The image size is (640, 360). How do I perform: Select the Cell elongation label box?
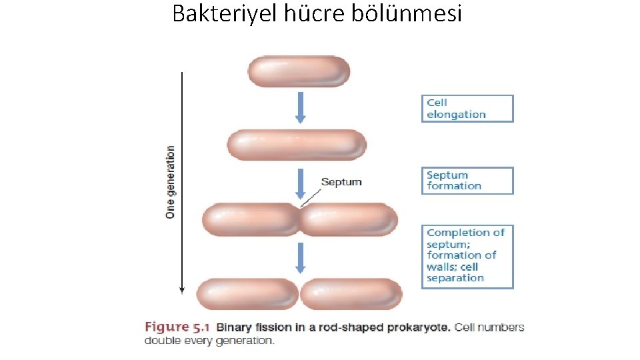click(x=467, y=109)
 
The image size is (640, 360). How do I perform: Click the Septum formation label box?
click(x=467, y=181)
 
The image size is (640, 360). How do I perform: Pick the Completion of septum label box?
click(x=467, y=256)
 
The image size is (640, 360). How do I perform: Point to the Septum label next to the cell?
click(x=341, y=181)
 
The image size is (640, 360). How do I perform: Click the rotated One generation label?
click(x=171, y=182)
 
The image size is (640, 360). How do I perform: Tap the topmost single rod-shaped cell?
click(x=299, y=71)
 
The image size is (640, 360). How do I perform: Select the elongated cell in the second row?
click(x=297, y=145)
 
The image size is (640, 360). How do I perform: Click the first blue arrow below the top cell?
click(x=300, y=107)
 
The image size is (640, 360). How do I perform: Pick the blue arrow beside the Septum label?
click(x=300, y=185)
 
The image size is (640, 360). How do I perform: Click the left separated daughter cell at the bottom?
click(x=247, y=293)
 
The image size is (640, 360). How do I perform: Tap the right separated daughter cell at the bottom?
click(x=351, y=293)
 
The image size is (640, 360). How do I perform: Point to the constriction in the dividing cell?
click(x=300, y=219)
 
